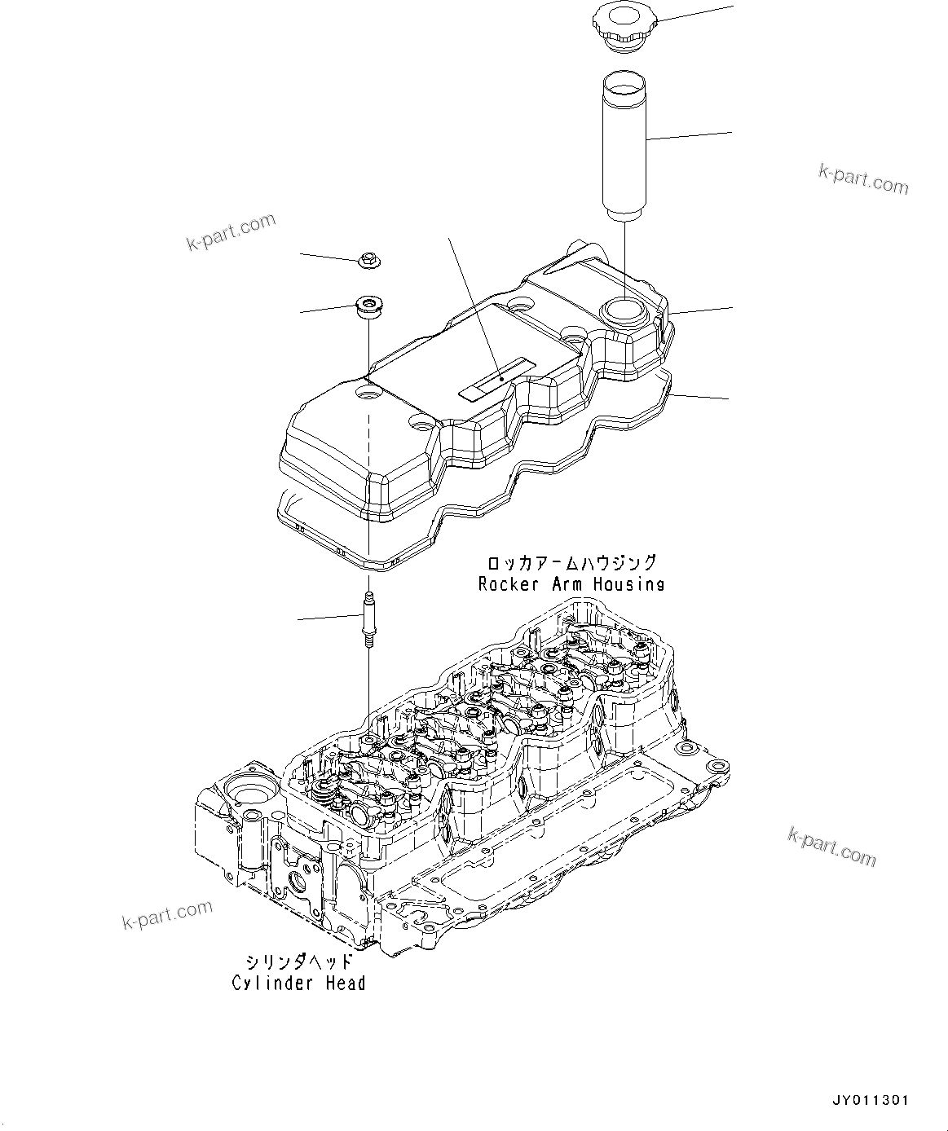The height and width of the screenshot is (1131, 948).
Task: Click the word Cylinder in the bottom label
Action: (267, 984)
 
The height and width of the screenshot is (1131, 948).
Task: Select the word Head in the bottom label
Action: (346, 984)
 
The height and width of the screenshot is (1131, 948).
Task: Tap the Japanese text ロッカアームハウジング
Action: (571, 563)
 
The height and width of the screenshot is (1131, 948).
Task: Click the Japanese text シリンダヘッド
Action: (298, 962)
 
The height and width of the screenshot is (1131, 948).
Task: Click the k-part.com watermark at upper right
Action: (862, 178)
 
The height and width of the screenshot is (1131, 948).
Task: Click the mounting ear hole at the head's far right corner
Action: (717, 767)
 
